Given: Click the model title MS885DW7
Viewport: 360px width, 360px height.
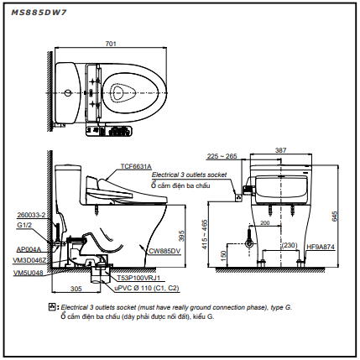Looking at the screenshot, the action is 39,13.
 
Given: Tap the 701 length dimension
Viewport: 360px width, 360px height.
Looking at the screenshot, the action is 111,44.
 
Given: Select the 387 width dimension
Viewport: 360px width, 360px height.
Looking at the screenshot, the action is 280,150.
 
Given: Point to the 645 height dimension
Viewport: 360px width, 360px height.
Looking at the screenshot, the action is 335,217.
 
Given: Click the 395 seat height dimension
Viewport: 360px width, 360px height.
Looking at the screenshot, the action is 181,236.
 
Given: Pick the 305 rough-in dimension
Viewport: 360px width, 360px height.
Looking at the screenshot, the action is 76,289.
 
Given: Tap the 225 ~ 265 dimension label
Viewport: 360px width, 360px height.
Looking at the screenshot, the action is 222,156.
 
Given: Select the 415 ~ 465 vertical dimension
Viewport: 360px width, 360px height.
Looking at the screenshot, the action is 205,234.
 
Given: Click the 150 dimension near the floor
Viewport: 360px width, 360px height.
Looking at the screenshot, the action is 223,255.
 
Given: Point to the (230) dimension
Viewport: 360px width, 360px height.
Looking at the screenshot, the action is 290,245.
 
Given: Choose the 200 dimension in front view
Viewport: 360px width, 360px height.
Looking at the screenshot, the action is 264,222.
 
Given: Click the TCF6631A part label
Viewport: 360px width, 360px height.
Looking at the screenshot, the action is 136,166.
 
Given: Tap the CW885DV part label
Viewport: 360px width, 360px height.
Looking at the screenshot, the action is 164,251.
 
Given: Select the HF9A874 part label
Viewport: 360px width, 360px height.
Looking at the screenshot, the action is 321,247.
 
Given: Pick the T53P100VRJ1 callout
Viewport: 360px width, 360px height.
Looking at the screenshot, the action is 138,278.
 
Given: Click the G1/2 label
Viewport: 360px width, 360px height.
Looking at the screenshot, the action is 24,225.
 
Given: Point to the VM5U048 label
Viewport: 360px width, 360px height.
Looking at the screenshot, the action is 29,273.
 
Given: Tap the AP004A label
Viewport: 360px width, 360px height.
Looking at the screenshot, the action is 29,249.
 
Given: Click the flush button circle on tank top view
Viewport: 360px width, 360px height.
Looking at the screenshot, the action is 67,93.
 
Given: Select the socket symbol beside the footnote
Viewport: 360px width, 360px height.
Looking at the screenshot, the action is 52,306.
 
